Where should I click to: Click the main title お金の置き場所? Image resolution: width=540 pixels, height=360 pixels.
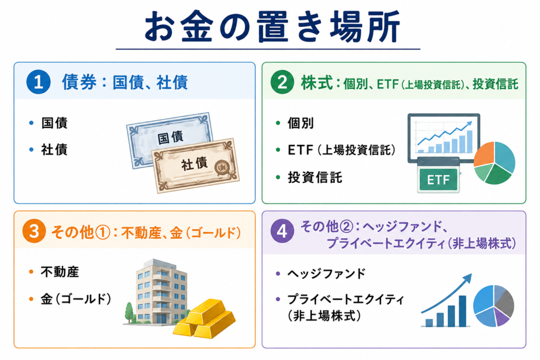click(x=272, y=27)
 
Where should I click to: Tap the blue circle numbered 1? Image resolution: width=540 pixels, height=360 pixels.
click(x=38, y=82)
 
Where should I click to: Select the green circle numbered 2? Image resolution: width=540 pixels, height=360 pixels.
click(x=282, y=82)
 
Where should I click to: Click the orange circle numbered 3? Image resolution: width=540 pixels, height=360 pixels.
click(x=34, y=231)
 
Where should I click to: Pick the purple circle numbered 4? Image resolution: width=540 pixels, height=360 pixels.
click(x=282, y=231)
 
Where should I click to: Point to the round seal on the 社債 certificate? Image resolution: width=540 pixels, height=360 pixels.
click(x=221, y=168)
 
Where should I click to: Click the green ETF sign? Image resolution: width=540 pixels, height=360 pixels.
click(x=438, y=179)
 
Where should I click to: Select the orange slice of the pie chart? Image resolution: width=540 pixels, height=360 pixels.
click(x=485, y=155)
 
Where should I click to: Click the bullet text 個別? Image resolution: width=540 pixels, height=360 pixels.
click(x=301, y=123)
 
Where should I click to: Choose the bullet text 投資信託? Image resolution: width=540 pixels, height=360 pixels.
click(x=315, y=178)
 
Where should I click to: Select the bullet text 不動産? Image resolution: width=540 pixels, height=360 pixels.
click(x=60, y=272)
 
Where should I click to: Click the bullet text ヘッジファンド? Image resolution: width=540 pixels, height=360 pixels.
click(x=326, y=274)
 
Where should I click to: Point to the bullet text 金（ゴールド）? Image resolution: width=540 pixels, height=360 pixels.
click(x=76, y=299)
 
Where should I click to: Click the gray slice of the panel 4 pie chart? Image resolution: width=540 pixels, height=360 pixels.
click(x=505, y=303)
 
